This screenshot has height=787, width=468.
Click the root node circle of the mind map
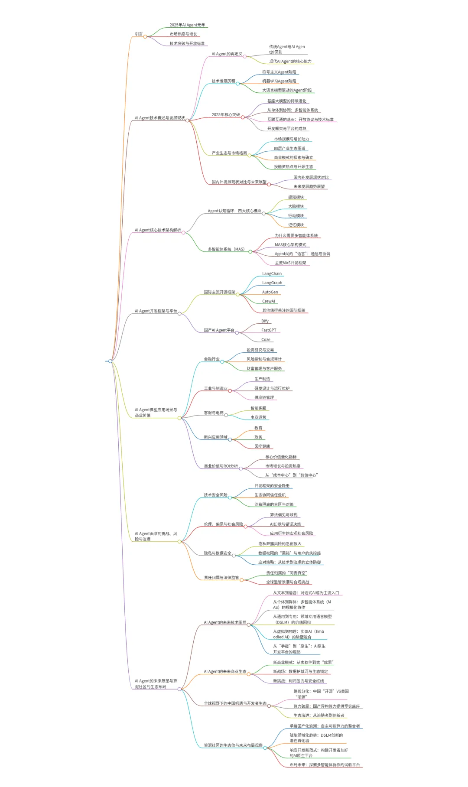110,361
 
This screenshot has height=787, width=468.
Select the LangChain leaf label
272,274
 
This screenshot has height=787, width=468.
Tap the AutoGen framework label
270,292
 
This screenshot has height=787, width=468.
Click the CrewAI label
269,301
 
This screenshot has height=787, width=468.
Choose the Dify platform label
265,321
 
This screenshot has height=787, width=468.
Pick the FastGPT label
269,330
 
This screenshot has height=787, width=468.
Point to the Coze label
266,340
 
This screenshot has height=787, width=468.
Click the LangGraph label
272,283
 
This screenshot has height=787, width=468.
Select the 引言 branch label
139,34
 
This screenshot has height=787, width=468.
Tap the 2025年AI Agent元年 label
187,25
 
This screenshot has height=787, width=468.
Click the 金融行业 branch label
212,359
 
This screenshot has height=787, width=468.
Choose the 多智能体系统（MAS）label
226,250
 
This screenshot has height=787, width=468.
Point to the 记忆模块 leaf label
296,225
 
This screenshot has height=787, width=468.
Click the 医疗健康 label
262,446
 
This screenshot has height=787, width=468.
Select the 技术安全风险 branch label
216,495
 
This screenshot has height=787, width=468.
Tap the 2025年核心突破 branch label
226,115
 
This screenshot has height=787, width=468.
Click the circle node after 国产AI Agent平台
237,333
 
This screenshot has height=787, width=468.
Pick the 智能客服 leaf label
258,408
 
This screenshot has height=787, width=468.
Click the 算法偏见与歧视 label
284,515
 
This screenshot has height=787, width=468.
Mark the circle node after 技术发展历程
238,83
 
